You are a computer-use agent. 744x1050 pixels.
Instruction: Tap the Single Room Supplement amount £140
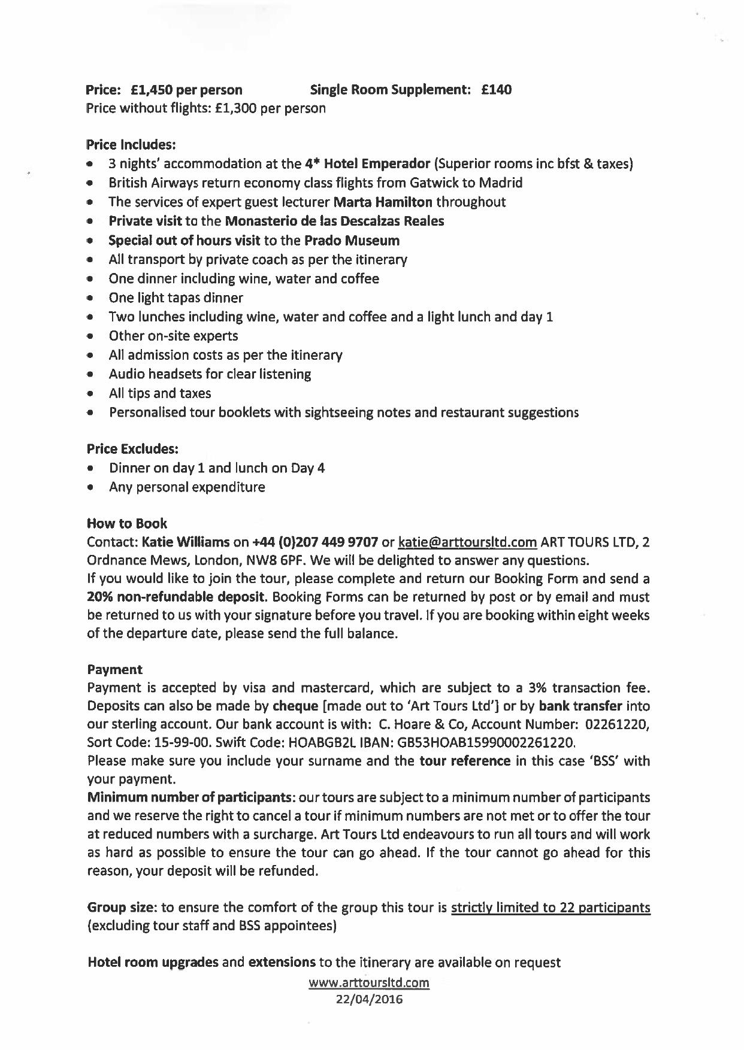click(497, 90)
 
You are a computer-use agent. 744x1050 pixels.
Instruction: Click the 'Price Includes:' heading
click(131, 145)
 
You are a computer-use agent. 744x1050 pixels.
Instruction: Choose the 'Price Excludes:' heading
click(132, 449)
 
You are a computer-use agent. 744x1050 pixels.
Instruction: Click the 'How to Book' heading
click(127, 524)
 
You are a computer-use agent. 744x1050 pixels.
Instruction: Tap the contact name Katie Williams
click(186, 542)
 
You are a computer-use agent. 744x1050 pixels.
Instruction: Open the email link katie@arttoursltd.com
click(467, 542)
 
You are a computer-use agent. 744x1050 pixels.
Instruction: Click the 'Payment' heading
click(114, 669)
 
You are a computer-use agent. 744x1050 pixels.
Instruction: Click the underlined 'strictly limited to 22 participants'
click(551, 908)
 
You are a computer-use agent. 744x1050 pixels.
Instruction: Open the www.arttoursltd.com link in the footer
click(369, 982)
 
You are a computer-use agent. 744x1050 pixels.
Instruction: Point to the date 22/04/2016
click(369, 1000)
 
